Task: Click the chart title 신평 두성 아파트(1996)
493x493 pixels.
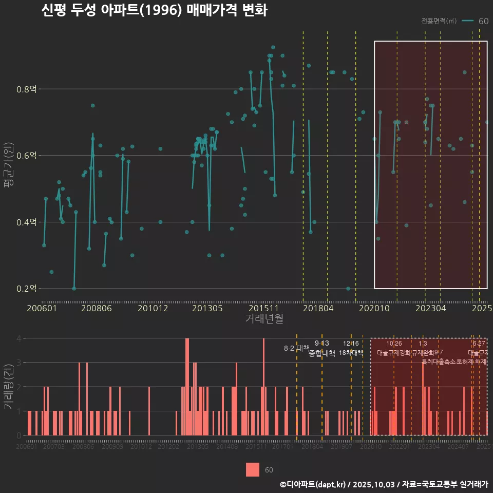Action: coord(154,11)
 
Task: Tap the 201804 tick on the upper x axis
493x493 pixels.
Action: coord(318,308)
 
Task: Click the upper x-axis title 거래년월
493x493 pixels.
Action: coord(264,319)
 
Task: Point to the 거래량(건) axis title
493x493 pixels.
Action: coord(9,386)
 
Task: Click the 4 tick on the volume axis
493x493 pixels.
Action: coord(18,338)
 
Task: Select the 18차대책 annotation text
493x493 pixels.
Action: coord(351,353)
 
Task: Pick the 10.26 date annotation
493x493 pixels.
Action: coord(394,344)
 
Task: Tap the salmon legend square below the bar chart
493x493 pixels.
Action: coord(253,470)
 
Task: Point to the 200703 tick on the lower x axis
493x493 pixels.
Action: coord(54,447)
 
